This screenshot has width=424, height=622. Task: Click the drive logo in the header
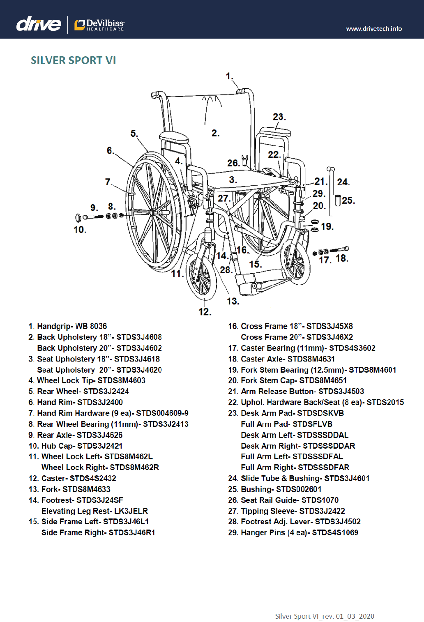[x=39, y=24]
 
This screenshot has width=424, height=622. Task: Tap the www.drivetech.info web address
[x=374, y=29]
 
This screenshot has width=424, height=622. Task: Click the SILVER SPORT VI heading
[x=74, y=60]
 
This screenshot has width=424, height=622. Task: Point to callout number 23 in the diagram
[x=279, y=117]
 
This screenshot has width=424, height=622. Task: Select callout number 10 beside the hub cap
[x=80, y=230]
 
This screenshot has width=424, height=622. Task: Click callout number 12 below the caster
[x=205, y=312]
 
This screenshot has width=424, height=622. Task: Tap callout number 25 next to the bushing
[x=348, y=200]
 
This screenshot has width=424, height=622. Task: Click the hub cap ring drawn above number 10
[x=78, y=217]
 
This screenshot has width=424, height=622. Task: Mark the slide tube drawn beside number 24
[x=331, y=185]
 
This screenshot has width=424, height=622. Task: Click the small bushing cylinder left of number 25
[x=338, y=200]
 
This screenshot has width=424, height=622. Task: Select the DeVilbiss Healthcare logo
[x=99, y=25]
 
